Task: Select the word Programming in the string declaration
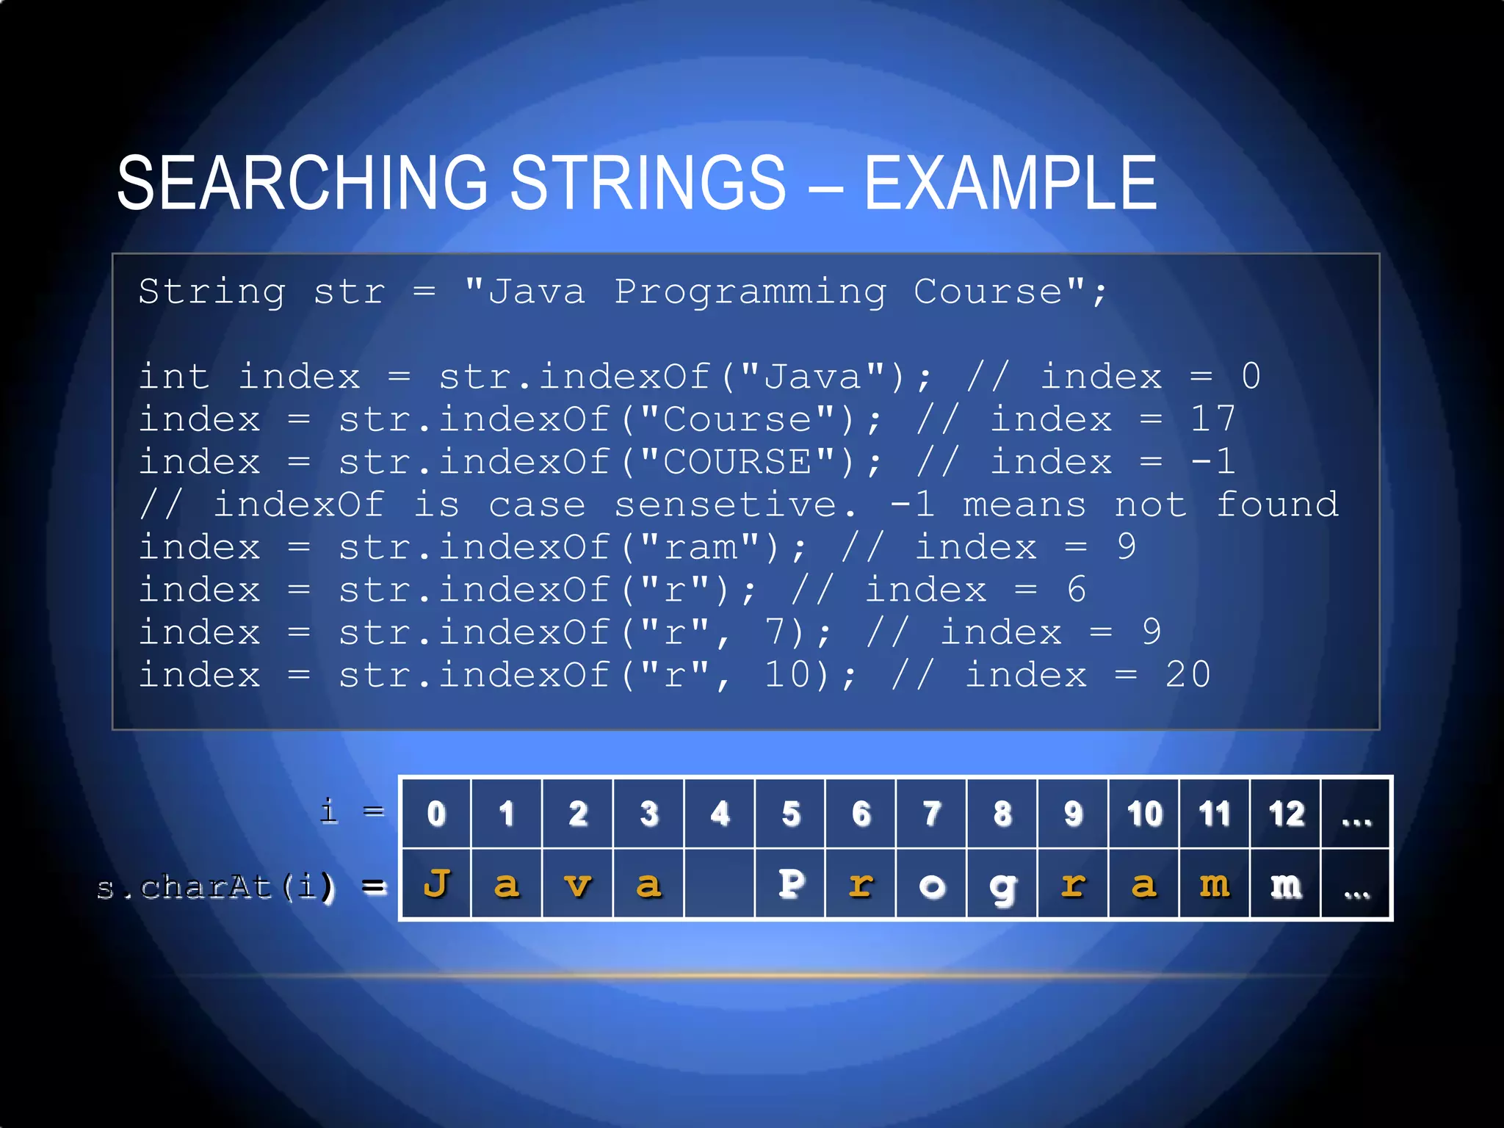(751, 292)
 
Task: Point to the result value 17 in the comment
(1212, 419)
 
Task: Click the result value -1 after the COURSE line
(1212, 463)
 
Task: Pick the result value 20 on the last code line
(1187, 675)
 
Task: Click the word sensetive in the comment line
(726, 505)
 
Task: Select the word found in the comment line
(1277, 505)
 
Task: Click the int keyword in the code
(174, 377)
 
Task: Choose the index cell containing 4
(720, 814)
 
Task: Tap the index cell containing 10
(1144, 814)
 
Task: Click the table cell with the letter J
(436, 884)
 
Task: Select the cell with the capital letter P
(790, 884)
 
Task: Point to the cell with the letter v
(578, 884)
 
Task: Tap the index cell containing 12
(1286, 814)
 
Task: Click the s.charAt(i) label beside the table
(215, 887)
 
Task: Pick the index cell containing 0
(436, 814)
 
